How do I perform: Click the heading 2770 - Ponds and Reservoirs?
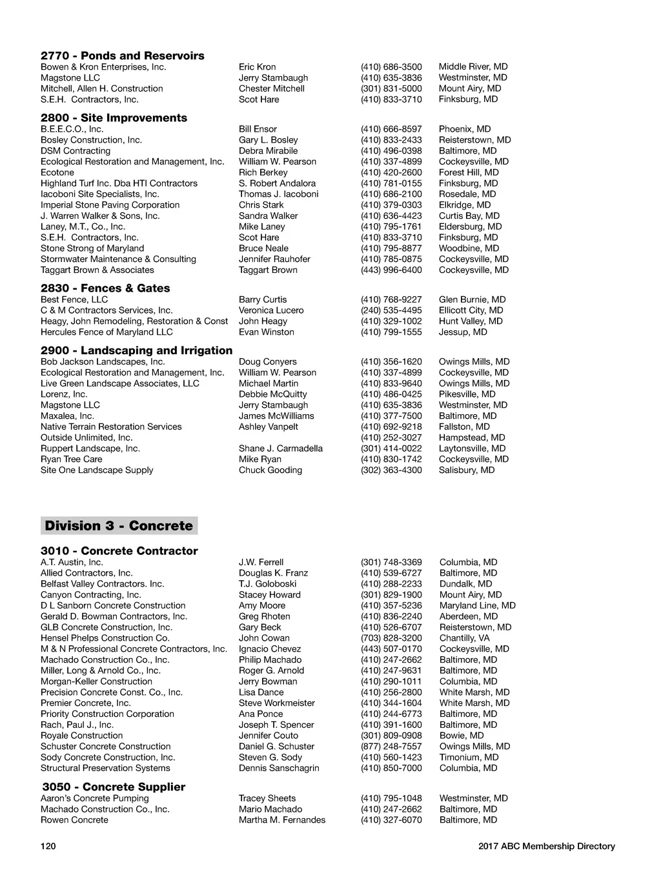(x=123, y=55)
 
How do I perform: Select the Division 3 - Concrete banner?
(x=119, y=526)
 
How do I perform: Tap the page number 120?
(x=48, y=847)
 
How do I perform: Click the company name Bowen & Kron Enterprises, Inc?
(x=103, y=67)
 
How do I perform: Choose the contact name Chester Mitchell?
(x=271, y=88)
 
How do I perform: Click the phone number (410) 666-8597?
(x=391, y=129)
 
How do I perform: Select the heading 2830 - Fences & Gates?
(x=105, y=288)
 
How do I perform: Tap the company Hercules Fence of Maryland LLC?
(x=107, y=332)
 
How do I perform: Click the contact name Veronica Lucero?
(x=271, y=310)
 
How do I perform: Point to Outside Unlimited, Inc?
(x=86, y=437)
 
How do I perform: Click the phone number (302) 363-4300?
(x=391, y=470)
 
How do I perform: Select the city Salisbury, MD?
(x=467, y=470)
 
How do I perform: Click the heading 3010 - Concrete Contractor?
(x=119, y=551)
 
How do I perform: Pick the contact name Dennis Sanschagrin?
(x=279, y=768)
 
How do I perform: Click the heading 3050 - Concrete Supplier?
(x=114, y=787)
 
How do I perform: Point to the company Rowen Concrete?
(x=74, y=820)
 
